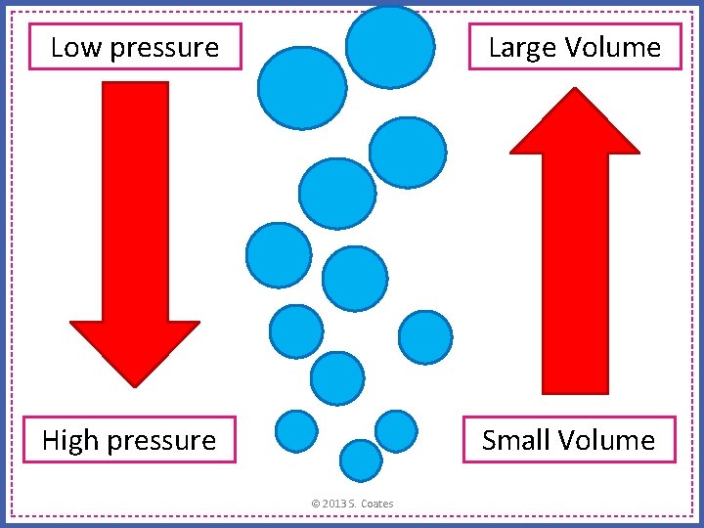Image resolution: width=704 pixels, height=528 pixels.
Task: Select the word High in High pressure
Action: (x=71, y=440)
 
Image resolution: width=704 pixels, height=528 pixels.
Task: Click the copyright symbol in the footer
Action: (x=315, y=504)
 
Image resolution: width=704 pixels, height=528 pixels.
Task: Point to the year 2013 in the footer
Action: (x=333, y=504)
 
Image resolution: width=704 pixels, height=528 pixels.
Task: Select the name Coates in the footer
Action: (x=377, y=504)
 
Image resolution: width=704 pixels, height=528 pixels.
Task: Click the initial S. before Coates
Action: (x=353, y=504)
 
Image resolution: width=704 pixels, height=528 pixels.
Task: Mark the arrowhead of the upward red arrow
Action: (x=575, y=122)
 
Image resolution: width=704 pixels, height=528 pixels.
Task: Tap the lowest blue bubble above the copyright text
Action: (x=361, y=460)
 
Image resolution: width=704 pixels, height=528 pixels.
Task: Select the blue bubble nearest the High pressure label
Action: (x=296, y=430)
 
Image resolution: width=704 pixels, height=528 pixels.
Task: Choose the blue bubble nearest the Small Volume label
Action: (x=396, y=430)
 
